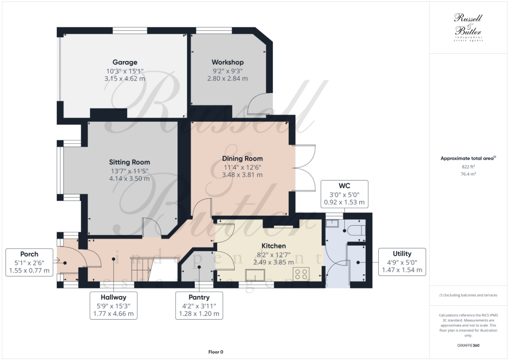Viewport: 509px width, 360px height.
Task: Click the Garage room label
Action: click(124, 62)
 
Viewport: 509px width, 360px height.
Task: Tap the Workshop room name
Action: click(227, 62)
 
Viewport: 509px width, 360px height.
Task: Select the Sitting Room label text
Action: click(129, 162)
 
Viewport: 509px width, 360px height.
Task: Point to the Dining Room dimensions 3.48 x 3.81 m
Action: click(242, 175)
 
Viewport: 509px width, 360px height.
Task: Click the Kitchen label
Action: click(273, 246)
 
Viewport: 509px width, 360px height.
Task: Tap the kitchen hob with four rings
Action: click(301, 274)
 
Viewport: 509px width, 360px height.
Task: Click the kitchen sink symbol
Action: click(255, 274)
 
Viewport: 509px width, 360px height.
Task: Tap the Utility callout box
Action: click(402, 262)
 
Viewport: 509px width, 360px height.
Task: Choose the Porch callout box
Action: click(29, 262)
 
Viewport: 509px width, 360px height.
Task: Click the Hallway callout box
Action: click(112, 305)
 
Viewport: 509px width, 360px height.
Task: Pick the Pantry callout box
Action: click(199, 305)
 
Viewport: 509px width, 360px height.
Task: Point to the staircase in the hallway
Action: click(141, 269)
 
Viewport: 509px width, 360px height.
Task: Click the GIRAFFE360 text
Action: click(468, 345)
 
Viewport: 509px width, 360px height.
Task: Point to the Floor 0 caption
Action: click(215, 352)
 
